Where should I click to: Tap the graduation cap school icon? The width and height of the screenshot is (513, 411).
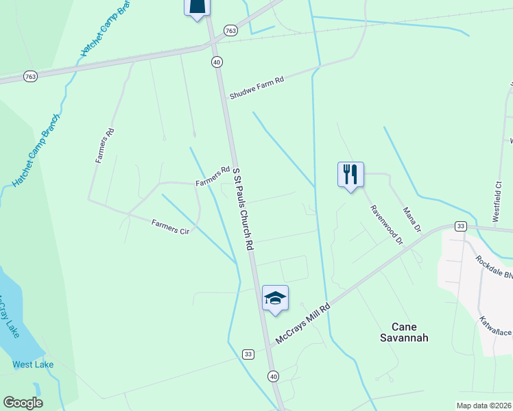pos(275,298)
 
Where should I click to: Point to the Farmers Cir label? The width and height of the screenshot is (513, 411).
pos(170,227)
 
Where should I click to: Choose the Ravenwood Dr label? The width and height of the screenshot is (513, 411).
pos(386,225)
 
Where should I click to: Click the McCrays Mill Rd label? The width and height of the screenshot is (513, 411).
pos(302,324)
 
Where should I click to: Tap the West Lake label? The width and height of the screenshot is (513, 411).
pos(33,364)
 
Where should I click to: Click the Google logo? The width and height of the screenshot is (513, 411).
pos(23,403)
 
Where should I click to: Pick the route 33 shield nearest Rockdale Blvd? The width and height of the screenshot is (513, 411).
pos(460,226)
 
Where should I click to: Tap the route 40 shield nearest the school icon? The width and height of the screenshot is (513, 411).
pos(273,376)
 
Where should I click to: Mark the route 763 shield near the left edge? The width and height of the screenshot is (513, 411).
pos(29,77)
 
